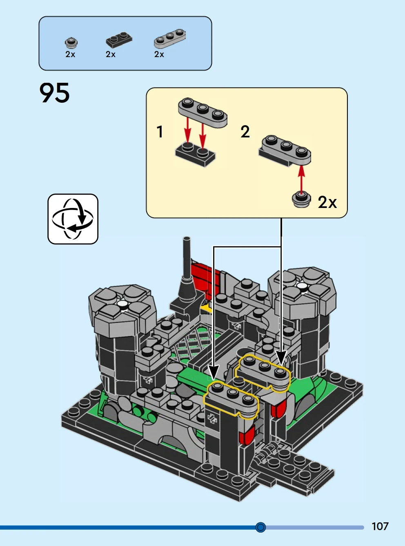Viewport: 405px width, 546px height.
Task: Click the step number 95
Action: pos(54,93)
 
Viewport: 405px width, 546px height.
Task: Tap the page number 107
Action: pos(380,526)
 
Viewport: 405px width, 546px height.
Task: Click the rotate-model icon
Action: pos(73,219)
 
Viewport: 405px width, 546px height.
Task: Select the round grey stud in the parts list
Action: pos(71,42)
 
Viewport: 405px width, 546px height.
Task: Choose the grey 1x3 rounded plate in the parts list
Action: pos(170,38)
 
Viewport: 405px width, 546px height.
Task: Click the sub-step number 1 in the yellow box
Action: pos(160,131)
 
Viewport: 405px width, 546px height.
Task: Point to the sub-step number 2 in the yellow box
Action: pos(245,131)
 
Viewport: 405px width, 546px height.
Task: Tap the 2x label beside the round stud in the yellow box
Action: pos(327,202)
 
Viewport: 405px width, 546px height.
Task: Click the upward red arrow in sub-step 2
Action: pos(301,178)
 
